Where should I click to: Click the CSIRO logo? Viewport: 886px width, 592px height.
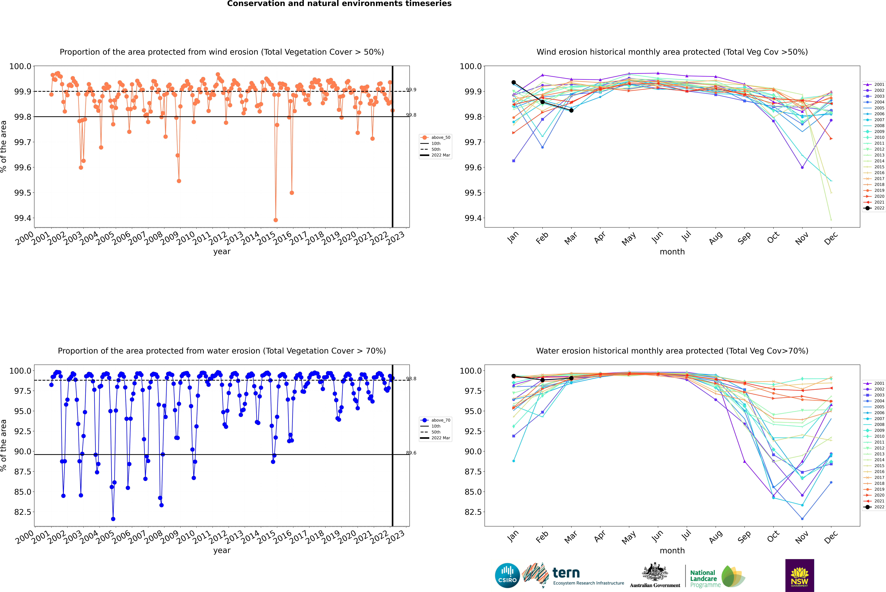(507, 575)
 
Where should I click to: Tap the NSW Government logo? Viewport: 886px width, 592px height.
(799, 575)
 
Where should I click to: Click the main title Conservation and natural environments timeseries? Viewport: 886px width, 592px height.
(339, 4)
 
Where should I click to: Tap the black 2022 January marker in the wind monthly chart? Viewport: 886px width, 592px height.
(514, 82)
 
